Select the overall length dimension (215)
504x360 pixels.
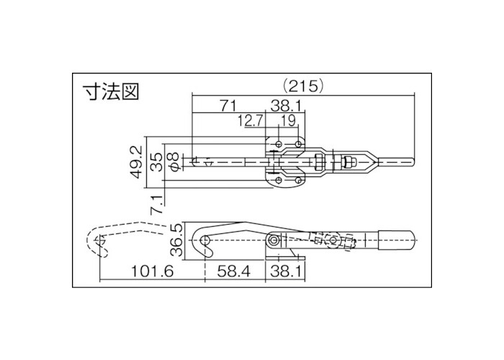point(304,85)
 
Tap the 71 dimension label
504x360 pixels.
point(228,106)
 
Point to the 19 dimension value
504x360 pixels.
point(288,120)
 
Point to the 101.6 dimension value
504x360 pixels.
point(153,272)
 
